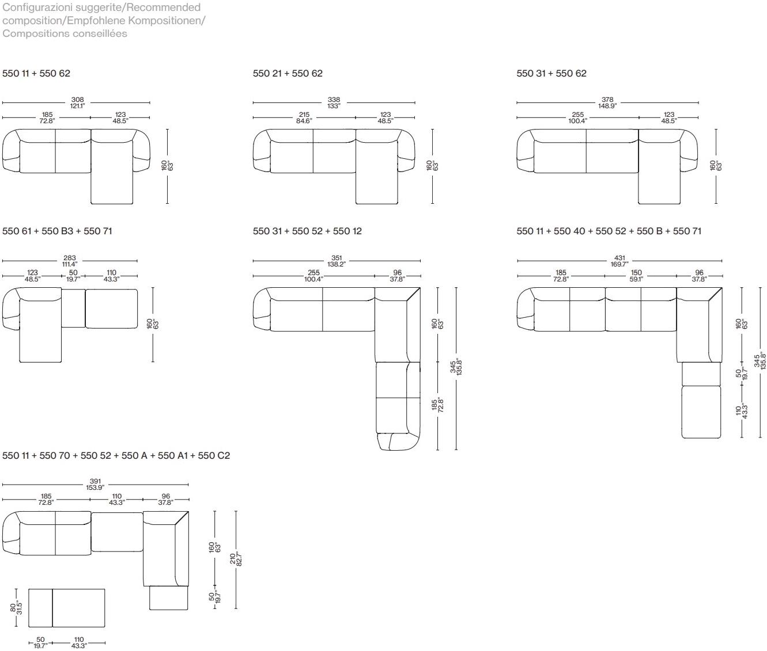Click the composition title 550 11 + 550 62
(x=36, y=74)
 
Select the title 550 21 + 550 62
(x=288, y=74)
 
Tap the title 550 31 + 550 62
(x=551, y=74)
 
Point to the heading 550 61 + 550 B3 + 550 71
(x=57, y=231)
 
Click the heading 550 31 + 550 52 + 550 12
(x=307, y=231)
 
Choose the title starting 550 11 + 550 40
(x=609, y=231)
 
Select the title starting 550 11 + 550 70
(x=116, y=456)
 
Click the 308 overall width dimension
(x=78, y=102)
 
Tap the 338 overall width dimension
(x=334, y=102)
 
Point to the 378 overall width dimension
(x=607, y=102)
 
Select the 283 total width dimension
(x=70, y=261)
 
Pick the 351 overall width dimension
(x=337, y=261)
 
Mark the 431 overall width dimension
(x=619, y=261)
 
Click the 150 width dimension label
(x=636, y=276)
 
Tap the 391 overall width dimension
(x=95, y=484)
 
